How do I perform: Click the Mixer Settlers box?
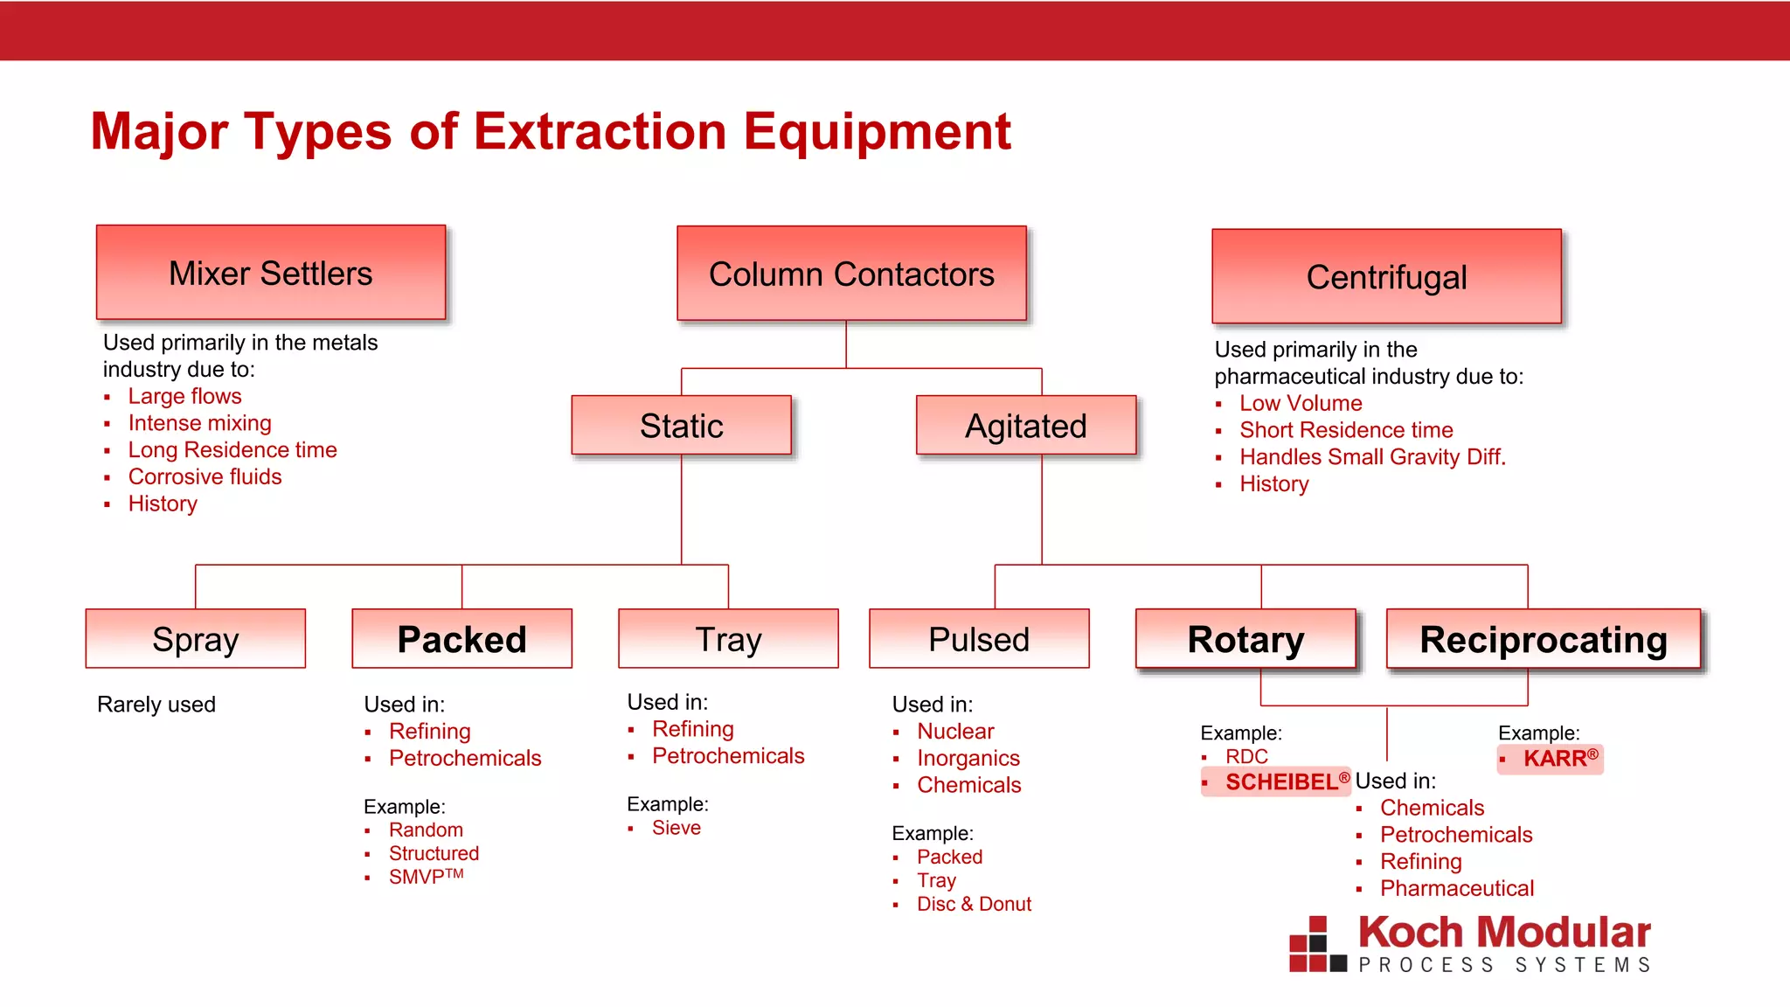tap(271, 273)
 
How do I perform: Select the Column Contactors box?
tap(851, 274)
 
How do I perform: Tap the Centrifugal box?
tap(1386, 277)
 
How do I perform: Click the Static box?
tap(681, 426)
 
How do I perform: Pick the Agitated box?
tap(1026, 426)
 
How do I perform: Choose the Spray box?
tap(196, 639)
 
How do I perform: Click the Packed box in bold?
tap(461, 639)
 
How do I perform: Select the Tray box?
tap(728, 639)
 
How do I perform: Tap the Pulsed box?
tap(979, 639)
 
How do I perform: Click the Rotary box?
tap(1245, 639)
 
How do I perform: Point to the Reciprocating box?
tap(1544, 639)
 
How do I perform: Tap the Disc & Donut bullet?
tap(974, 904)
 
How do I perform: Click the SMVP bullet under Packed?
tap(425, 877)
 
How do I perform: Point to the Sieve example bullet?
tap(676, 828)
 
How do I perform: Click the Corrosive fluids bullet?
tap(205, 476)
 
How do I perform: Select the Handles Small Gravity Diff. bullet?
tap(1372, 456)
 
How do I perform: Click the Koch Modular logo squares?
tap(1316, 945)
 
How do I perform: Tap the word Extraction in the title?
tap(600, 131)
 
